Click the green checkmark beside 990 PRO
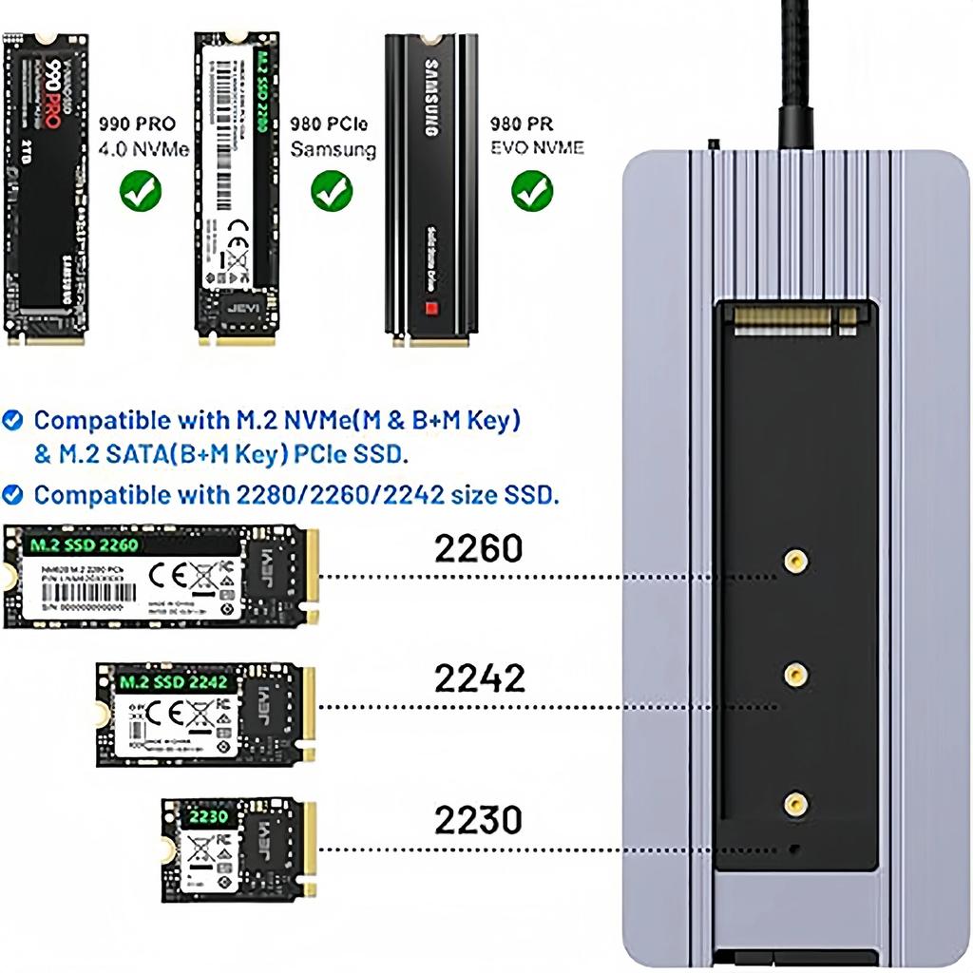point(141,191)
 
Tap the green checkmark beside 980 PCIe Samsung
point(332,191)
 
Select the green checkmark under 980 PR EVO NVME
point(532,191)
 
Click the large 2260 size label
point(479,548)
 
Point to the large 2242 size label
point(479,678)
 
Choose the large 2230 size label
point(479,819)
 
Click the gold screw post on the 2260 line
point(795,563)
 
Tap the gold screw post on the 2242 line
point(795,676)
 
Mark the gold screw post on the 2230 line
point(795,805)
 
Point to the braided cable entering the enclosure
point(796,76)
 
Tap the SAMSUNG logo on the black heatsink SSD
point(429,101)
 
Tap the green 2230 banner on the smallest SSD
point(207,816)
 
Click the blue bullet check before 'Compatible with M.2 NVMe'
point(13,420)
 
